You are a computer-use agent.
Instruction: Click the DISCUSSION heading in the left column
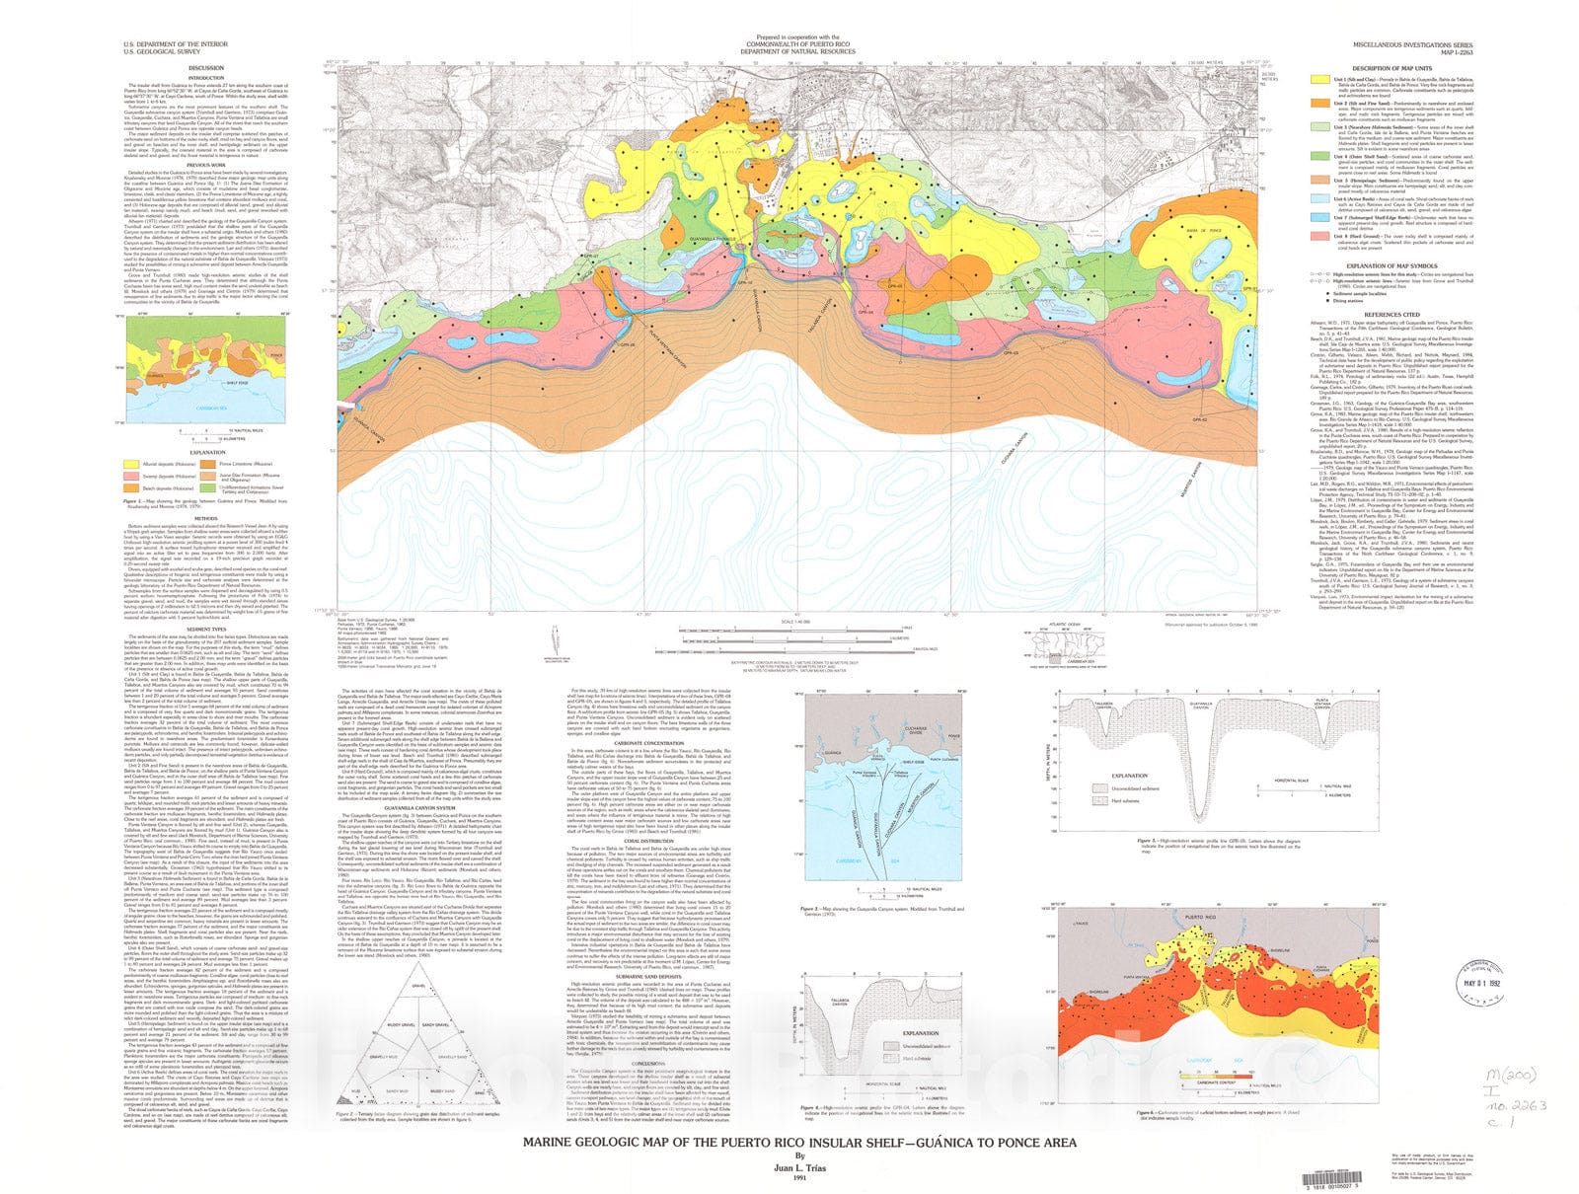tap(206, 68)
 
